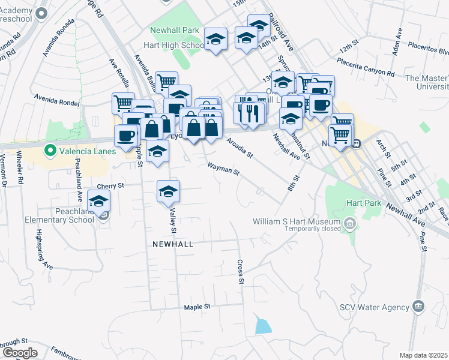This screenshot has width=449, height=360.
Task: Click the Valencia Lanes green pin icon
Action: [x=50, y=151]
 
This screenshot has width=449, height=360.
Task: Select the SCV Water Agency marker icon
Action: [x=419, y=307]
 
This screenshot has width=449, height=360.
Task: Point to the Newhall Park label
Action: [x=174, y=30]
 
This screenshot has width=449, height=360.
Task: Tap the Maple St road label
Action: [x=197, y=307]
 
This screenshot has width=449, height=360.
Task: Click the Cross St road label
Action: [x=241, y=272]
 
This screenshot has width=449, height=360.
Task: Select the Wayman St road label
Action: [x=223, y=169]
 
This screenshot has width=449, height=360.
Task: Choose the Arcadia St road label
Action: [x=240, y=147]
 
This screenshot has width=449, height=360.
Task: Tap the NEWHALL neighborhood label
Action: [x=172, y=244]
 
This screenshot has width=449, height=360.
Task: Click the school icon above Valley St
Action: [x=169, y=191]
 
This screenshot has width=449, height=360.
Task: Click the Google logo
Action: [x=19, y=353]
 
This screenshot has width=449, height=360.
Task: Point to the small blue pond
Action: [x=262, y=326]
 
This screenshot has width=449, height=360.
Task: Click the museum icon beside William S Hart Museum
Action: [x=349, y=224]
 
